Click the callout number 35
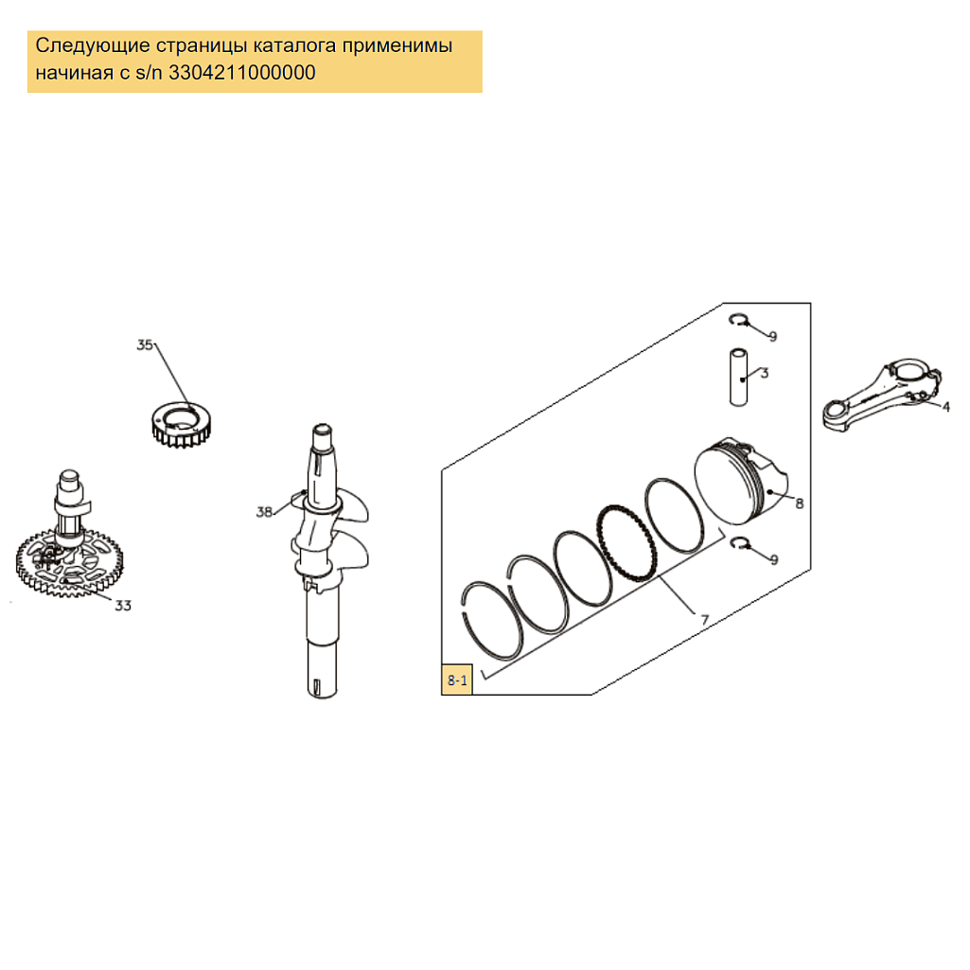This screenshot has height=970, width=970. tap(145, 344)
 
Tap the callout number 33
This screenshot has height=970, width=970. tap(123, 605)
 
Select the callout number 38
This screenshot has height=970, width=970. tap(264, 512)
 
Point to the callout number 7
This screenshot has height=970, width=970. tap(705, 619)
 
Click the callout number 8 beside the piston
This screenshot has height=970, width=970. tap(800, 503)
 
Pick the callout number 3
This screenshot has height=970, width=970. tap(765, 373)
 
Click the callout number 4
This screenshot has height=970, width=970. tap(946, 406)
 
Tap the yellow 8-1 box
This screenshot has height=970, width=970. tap(457, 679)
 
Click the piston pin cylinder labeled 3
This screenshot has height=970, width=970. tap(739, 378)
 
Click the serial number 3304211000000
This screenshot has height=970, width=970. tap(242, 72)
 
